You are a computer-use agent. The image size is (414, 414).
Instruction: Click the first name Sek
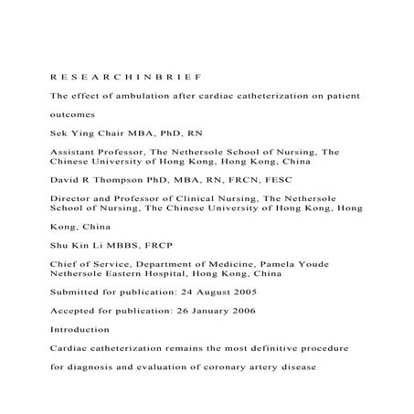tap(59, 133)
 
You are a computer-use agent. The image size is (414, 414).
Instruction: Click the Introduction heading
tap(80, 329)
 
